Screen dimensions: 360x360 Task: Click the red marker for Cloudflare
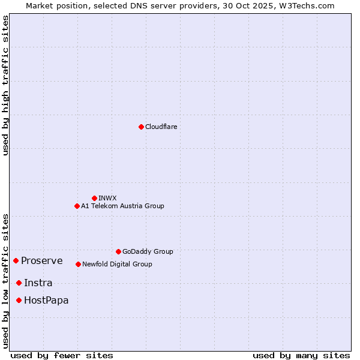click(141, 127)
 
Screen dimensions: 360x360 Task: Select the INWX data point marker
click(94, 198)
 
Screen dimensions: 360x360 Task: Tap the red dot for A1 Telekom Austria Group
click(77, 206)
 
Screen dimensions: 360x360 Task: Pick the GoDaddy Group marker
click(118, 251)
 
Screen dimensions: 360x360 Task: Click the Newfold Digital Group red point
click(78, 264)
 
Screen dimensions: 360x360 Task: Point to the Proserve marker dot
click(16, 260)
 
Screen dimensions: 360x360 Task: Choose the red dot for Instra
click(19, 283)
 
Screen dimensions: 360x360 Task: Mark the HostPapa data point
click(19, 300)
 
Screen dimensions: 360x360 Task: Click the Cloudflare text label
click(161, 127)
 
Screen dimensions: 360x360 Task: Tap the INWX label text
click(107, 198)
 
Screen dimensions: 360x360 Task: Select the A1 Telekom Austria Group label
click(122, 206)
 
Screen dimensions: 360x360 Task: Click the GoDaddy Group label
click(148, 251)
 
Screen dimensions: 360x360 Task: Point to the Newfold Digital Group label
click(117, 264)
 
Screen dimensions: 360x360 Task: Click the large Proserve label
click(41, 260)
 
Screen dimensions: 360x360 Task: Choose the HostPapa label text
click(46, 300)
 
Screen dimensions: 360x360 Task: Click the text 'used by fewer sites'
click(62, 355)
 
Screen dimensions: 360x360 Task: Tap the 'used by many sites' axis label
click(301, 355)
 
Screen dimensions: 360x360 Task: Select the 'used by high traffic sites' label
click(5, 85)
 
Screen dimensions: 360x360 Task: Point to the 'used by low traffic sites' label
click(5, 280)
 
